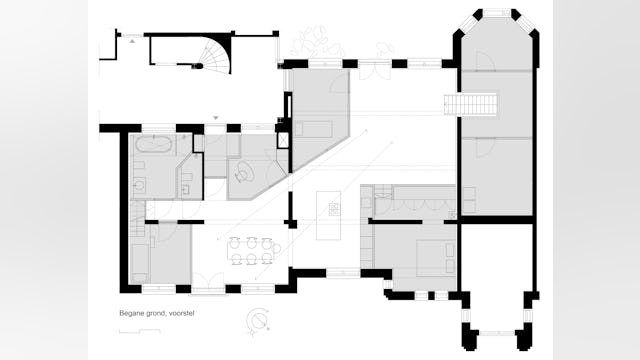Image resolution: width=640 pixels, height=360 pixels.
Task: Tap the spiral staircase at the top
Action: pyautogui.click(x=213, y=54)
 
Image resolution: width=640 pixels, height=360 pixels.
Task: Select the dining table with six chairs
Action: pyautogui.click(x=252, y=250)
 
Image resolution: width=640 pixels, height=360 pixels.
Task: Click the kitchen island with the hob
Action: pyautogui.click(x=329, y=215)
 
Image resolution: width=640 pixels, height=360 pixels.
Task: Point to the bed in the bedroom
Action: pyautogui.click(x=436, y=258)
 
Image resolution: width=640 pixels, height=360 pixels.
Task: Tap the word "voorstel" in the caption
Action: pyautogui.click(x=181, y=313)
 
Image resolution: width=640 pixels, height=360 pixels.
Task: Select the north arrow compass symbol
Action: pyautogui.click(x=258, y=320)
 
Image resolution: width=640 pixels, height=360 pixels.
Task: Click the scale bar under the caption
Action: pyautogui.click(x=140, y=331)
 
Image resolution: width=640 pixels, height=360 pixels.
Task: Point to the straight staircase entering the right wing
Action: pyautogui.click(x=470, y=104)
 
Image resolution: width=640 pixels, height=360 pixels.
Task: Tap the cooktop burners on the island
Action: pyautogui.click(x=334, y=209)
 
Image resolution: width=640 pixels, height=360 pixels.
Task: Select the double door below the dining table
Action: pyautogui.click(x=208, y=282)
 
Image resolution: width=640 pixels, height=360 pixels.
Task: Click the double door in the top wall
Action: pyautogui.click(x=375, y=70)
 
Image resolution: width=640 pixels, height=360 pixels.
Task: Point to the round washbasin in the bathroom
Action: pyautogui.click(x=140, y=186)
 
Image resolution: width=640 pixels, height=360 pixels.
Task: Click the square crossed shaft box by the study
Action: pyautogui.click(x=283, y=140)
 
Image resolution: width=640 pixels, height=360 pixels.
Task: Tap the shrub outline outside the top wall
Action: pyautogui.click(x=316, y=43)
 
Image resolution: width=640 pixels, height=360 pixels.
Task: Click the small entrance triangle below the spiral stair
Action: pyautogui.click(x=216, y=118)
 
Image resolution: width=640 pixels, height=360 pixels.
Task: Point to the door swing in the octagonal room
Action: pyautogui.click(x=486, y=61)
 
